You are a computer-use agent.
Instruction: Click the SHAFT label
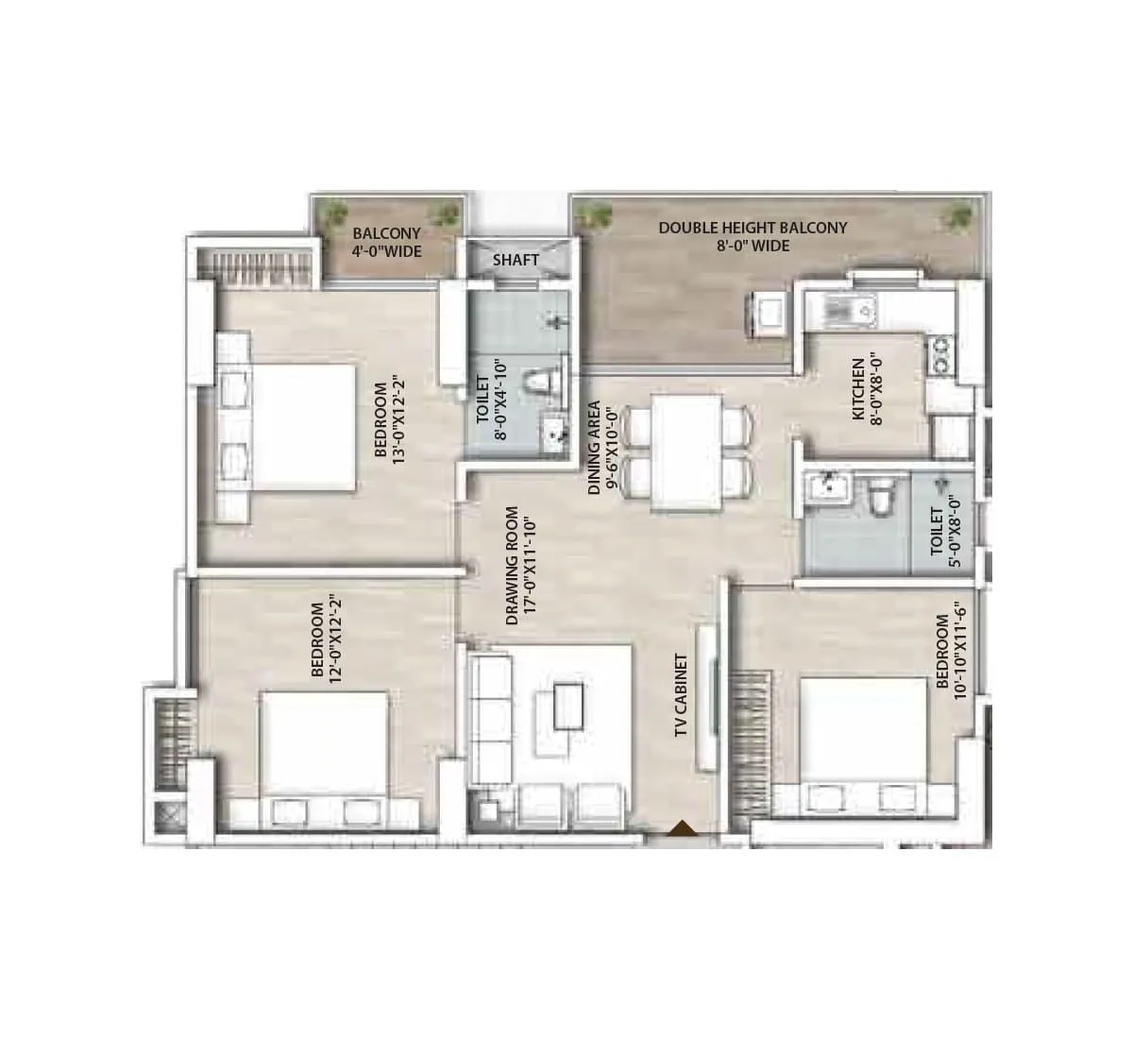[x=516, y=260]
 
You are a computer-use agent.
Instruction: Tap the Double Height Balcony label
[x=753, y=236]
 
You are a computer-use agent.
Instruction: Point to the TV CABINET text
[x=682, y=697]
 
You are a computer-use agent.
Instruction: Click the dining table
[x=686, y=452]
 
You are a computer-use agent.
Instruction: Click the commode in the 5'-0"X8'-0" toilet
[x=881, y=498]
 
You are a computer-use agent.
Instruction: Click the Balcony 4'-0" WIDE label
[x=387, y=242]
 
